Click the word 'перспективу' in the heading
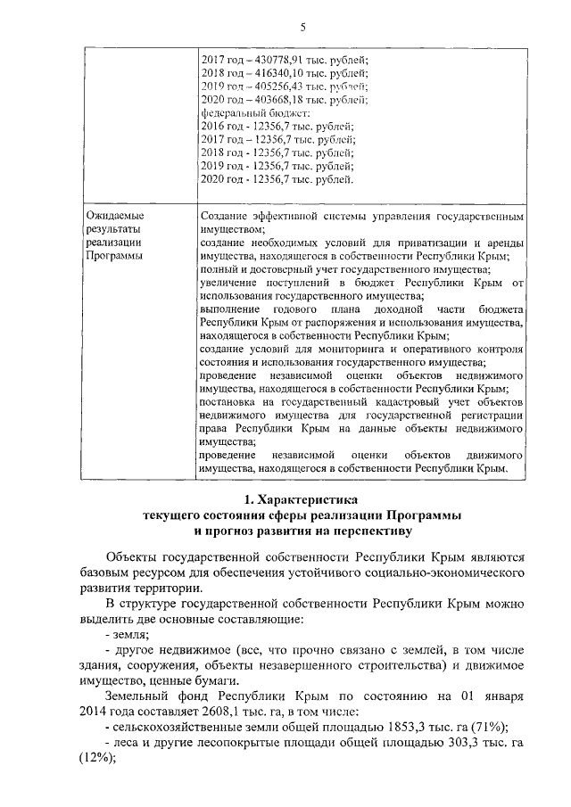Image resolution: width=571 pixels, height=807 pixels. [371, 531]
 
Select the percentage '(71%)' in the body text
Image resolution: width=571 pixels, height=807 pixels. [490, 728]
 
